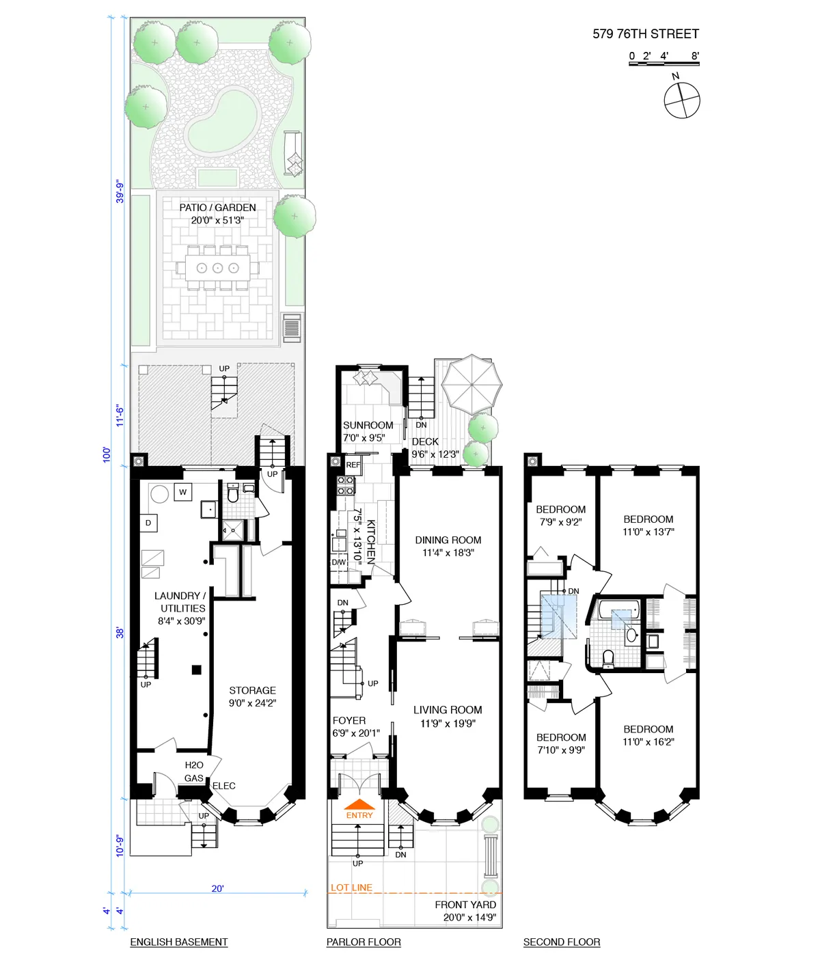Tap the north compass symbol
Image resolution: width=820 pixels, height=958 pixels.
point(682,100)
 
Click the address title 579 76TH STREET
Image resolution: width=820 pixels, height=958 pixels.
point(645,33)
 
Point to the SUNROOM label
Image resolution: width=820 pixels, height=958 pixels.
point(368,425)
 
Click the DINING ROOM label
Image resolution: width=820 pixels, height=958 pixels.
point(448,540)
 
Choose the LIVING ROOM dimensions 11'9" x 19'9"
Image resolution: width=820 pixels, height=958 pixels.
point(448,724)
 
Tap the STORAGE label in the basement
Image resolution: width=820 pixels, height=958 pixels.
point(252,690)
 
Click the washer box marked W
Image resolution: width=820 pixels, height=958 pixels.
point(182,492)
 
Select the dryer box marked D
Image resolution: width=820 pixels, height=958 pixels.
point(148,523)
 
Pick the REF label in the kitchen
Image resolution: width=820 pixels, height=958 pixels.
point(353,465)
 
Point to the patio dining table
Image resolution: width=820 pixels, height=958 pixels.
point(217,268)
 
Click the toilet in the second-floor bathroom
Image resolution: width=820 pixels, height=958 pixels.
point(608,657)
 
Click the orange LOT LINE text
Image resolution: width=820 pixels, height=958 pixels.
point(351,888)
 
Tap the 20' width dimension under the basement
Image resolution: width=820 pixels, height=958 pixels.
point(217,888)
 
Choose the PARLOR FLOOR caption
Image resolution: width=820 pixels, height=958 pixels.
point(364,942)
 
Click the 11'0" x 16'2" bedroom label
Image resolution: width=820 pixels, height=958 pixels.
point(648,741)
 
